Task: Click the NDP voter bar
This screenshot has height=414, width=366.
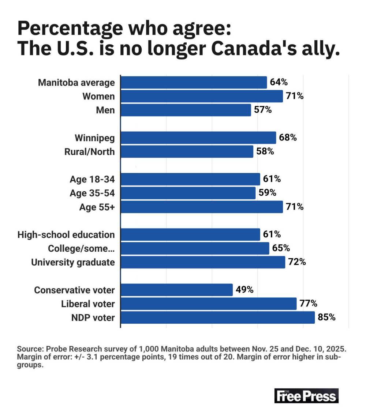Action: tap(218, 317)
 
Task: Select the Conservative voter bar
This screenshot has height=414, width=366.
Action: tap(177, 290)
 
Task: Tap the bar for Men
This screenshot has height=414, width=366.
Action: tap(186, 110)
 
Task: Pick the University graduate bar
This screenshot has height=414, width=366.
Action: tap(203, 262)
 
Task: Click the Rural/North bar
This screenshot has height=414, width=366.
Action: tap(187, 151)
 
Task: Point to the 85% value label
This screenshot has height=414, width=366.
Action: tap(326, 317)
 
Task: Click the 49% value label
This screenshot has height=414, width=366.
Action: tap(244, 290)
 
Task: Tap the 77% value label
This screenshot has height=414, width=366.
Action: tap(308, 304)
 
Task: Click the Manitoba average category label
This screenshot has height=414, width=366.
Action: tap(76, 83)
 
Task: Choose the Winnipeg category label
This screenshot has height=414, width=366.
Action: tap(95, 138)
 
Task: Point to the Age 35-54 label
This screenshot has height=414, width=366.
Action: tap(92, 193)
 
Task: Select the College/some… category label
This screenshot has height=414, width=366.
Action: tap(81, 249)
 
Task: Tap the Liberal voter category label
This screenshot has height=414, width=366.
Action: tap(88, 304)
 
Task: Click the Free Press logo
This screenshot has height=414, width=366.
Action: tap(306, 396)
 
